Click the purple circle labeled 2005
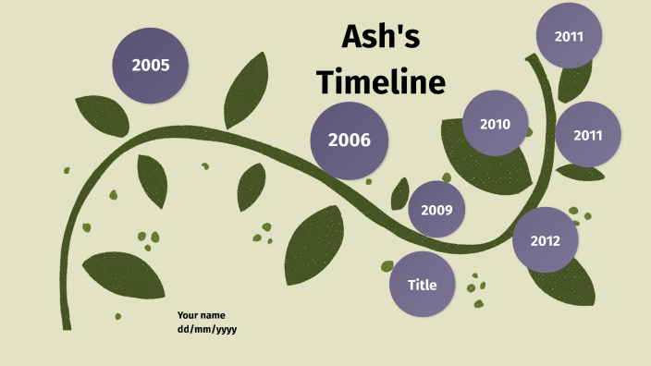click(150, 66)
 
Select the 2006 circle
click(349, 140)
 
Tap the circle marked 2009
click(436, 210)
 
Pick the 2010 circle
click(495, 123)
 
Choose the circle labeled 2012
click(546, 241)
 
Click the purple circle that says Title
click(423, 285)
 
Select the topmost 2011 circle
click(569, 36)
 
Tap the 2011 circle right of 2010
click(588, 134)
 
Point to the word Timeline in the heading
click(381, 82)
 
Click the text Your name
click(201, 315)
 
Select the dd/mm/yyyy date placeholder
click(207, 329)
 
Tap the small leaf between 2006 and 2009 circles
click(399, 193)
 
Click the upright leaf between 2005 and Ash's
click(247, 90)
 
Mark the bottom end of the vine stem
click(66, 325)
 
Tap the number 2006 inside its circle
click(349, 140)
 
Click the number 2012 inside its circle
click(546, 241)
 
